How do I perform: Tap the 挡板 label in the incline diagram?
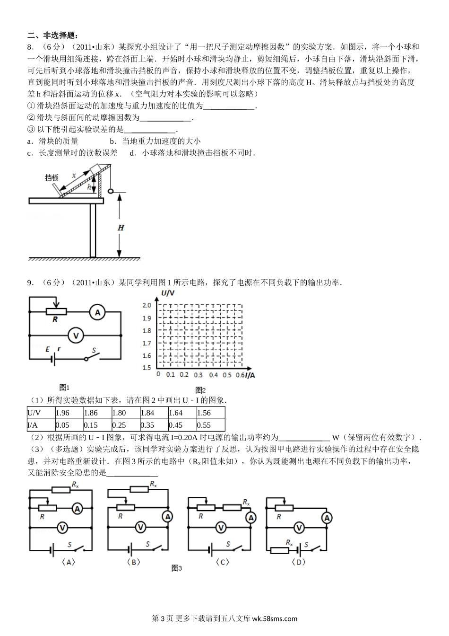point(52,178)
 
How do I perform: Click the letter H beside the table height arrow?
point(121,228)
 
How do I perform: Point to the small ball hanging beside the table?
point(112,192)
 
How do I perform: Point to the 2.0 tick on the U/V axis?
point(147,305)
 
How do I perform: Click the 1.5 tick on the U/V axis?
point(147,368)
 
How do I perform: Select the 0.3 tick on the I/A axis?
point(198,375)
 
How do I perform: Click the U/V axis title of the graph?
point(168,294)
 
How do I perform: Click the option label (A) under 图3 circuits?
point(69,562)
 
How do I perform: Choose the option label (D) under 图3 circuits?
point(299,562)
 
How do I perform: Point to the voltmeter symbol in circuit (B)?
point(139,526)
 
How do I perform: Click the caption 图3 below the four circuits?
point(177,568)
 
